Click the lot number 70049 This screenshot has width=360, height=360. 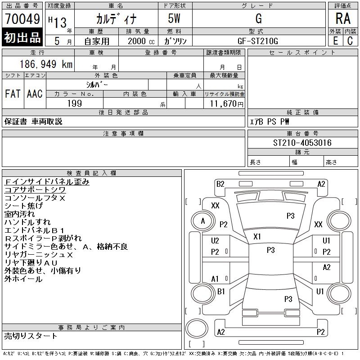[x=22, y=19]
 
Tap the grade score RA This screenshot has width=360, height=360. [x=343, y=18]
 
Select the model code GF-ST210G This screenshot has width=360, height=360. [x=258, y=41]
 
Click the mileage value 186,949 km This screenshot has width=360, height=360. [x=46, y=64]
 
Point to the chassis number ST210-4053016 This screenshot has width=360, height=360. [x=302, y=143]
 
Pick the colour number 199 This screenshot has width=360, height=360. [x=75, y=103]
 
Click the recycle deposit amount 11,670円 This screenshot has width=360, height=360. [x=227, y=104]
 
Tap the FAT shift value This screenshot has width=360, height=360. [x=13, y=94]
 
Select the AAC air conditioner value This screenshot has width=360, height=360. [x=35, y=94]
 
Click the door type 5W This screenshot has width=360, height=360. [x=174, y=18]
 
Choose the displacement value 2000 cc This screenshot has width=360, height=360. [x=141, y=41]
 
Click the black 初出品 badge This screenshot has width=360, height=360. [x=22, y=37]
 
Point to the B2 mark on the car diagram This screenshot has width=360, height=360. [x=220, y=184]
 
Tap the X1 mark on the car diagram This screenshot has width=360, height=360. [x=257, y=237]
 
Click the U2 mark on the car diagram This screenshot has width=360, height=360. [x=215, y=241]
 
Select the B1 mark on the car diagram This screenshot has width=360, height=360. [x=221, y=292]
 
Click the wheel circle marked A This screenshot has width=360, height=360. [x=203, y=221]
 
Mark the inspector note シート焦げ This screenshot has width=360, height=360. [x=24, y=206]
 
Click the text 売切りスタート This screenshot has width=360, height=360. [x=31, y=336]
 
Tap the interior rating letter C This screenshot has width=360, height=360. [x=350, y=41]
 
